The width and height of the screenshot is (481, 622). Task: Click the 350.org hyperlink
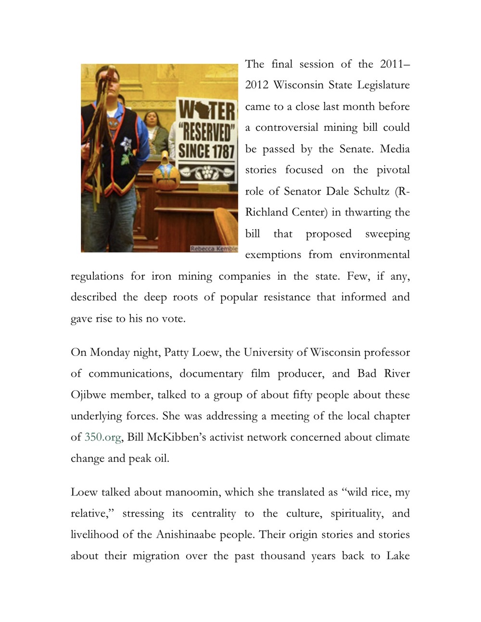[x=102, y=437]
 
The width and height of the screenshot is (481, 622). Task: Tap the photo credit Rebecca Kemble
[x=214, y=249]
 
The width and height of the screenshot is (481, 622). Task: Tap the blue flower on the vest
[x=127, y=143]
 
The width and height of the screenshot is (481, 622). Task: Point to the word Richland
[x=266, y=212]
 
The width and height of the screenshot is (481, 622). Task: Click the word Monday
[x=110, y=353]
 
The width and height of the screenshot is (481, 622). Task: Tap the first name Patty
[x=177, y=353]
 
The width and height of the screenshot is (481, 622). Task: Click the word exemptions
[x=274, y=255]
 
